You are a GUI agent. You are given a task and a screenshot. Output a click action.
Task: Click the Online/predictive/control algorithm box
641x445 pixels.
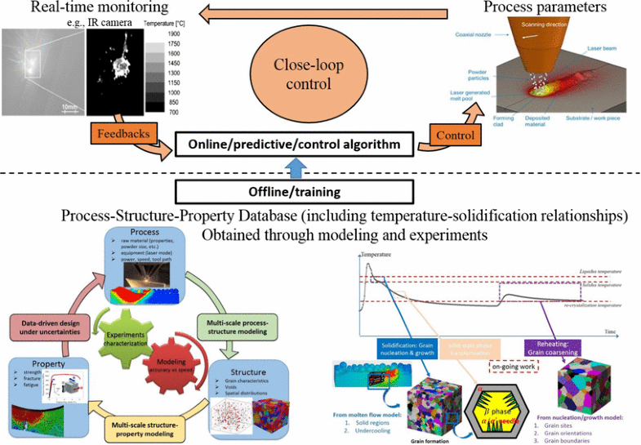pyautogui.click(x=293, y=146)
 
